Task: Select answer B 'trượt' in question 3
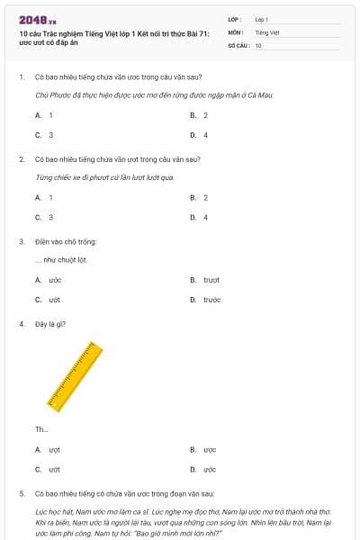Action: click(211, 280)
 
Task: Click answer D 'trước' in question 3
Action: click(211, 300)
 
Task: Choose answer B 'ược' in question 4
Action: click(210, 449)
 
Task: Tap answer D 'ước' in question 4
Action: click(210, 469)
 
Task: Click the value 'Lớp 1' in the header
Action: click(262, 19)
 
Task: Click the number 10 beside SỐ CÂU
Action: click(258, 44)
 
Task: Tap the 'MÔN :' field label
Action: click(237, 31)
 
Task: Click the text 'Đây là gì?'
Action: click(49, 324)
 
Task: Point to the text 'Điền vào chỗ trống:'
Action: click(66, 241)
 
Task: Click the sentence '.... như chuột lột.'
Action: click(60, 259)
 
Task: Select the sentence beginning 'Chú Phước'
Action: click(153, 94)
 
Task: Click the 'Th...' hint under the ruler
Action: click(41, 429)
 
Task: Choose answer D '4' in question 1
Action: click(205, 135)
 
